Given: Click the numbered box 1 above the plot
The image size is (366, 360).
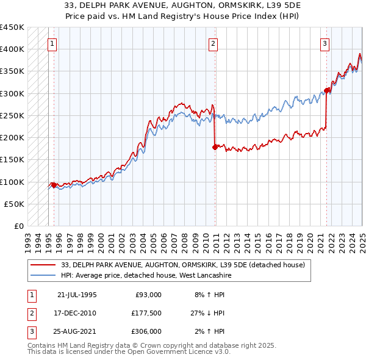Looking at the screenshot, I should pyautogui.click(x=52, y=43).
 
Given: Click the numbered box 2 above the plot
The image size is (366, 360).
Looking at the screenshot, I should pyautogui.click(x=213, y=43).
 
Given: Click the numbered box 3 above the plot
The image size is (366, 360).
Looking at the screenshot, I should pyautogui.click(x=325, y=43).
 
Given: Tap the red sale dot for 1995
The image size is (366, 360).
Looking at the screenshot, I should pyautogui.click(x=54, y=185).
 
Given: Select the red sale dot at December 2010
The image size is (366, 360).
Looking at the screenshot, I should pyautogui.click(x=215, y=147).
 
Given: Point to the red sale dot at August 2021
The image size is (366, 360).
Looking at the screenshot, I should pyautogui.click(x=327, y=90).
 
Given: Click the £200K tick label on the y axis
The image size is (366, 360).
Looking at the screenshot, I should pyautogui.click(x=12, y=138).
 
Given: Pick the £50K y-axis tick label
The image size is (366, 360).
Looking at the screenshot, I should pyautogui.click(x=14, y=204).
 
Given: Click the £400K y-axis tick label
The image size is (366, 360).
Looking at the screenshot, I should pyautogui.click(x=12, y=49).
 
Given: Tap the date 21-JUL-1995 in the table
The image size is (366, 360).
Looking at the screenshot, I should pyautogui.click(x=77, y=295).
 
